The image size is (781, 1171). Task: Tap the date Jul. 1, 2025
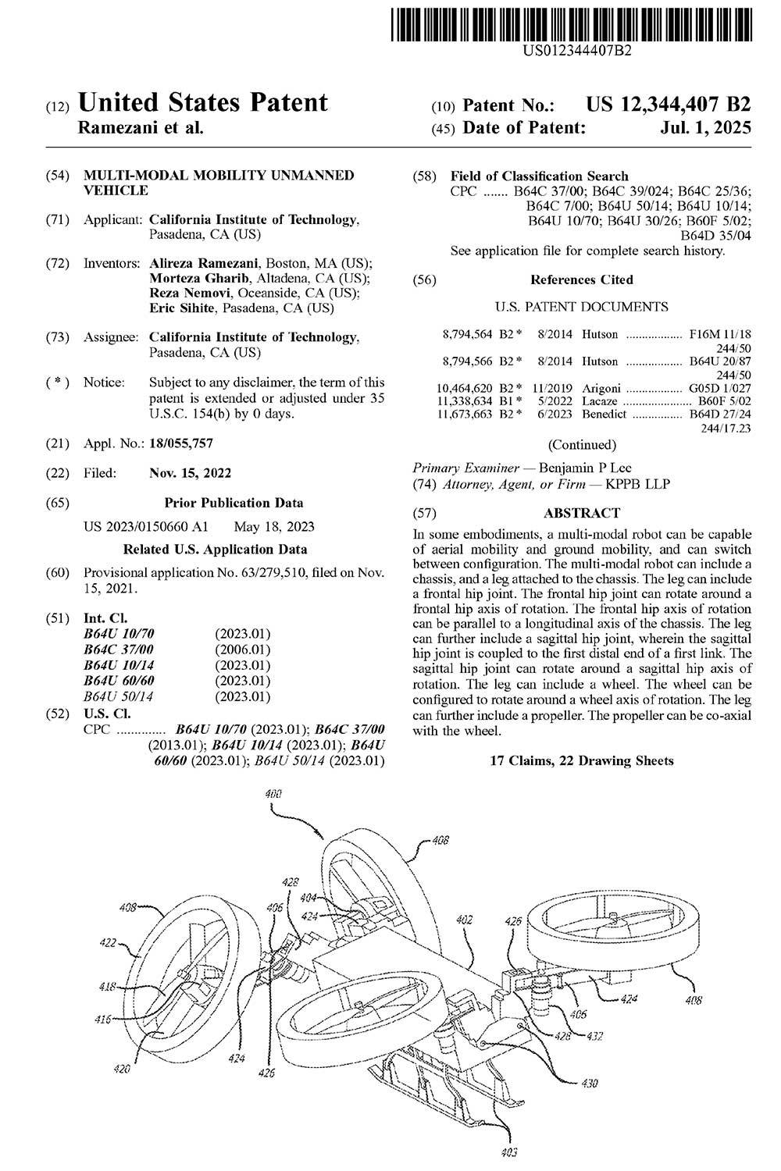click(x=704, y=127)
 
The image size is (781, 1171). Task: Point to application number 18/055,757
click(x=180, y=443)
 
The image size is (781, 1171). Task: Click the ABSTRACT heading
click(x=582, y=513)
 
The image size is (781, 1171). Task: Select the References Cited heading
click(x=582, y=279)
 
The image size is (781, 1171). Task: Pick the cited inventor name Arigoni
click(x=601, y=388)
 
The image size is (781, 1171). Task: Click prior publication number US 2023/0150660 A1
click(x=145, y=526)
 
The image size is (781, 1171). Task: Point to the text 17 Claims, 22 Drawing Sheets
click(x=582, y=760)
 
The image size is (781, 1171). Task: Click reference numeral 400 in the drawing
click(x=273, y=794)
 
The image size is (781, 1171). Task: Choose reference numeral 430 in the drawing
click(x=590, y=1084)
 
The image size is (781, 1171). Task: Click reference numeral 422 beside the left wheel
click(x=108, y=942)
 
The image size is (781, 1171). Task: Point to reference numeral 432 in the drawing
click(x=595, y=1036)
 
